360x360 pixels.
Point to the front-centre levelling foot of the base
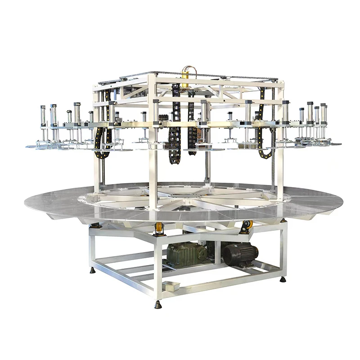(158, 305)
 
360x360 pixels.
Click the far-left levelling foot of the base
(92, 270)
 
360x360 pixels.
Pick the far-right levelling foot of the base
(283, 279)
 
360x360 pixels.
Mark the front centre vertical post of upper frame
(153, 171)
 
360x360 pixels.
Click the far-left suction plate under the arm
(38, 145)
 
